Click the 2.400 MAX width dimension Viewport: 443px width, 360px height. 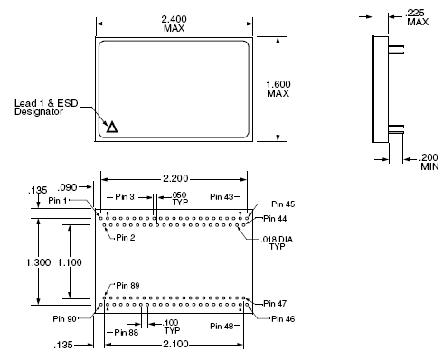pyautogui.click(x=174, y=22)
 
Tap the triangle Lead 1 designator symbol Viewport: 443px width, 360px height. pyautogui.click(x=112, y=128)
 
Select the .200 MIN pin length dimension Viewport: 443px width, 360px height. pyautogui.click(x=428, y=161)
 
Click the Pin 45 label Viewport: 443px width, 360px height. pyautogui.click(x=271, y=204)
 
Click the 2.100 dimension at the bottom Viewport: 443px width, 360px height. pyautogui.click(x=174, y=345)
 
